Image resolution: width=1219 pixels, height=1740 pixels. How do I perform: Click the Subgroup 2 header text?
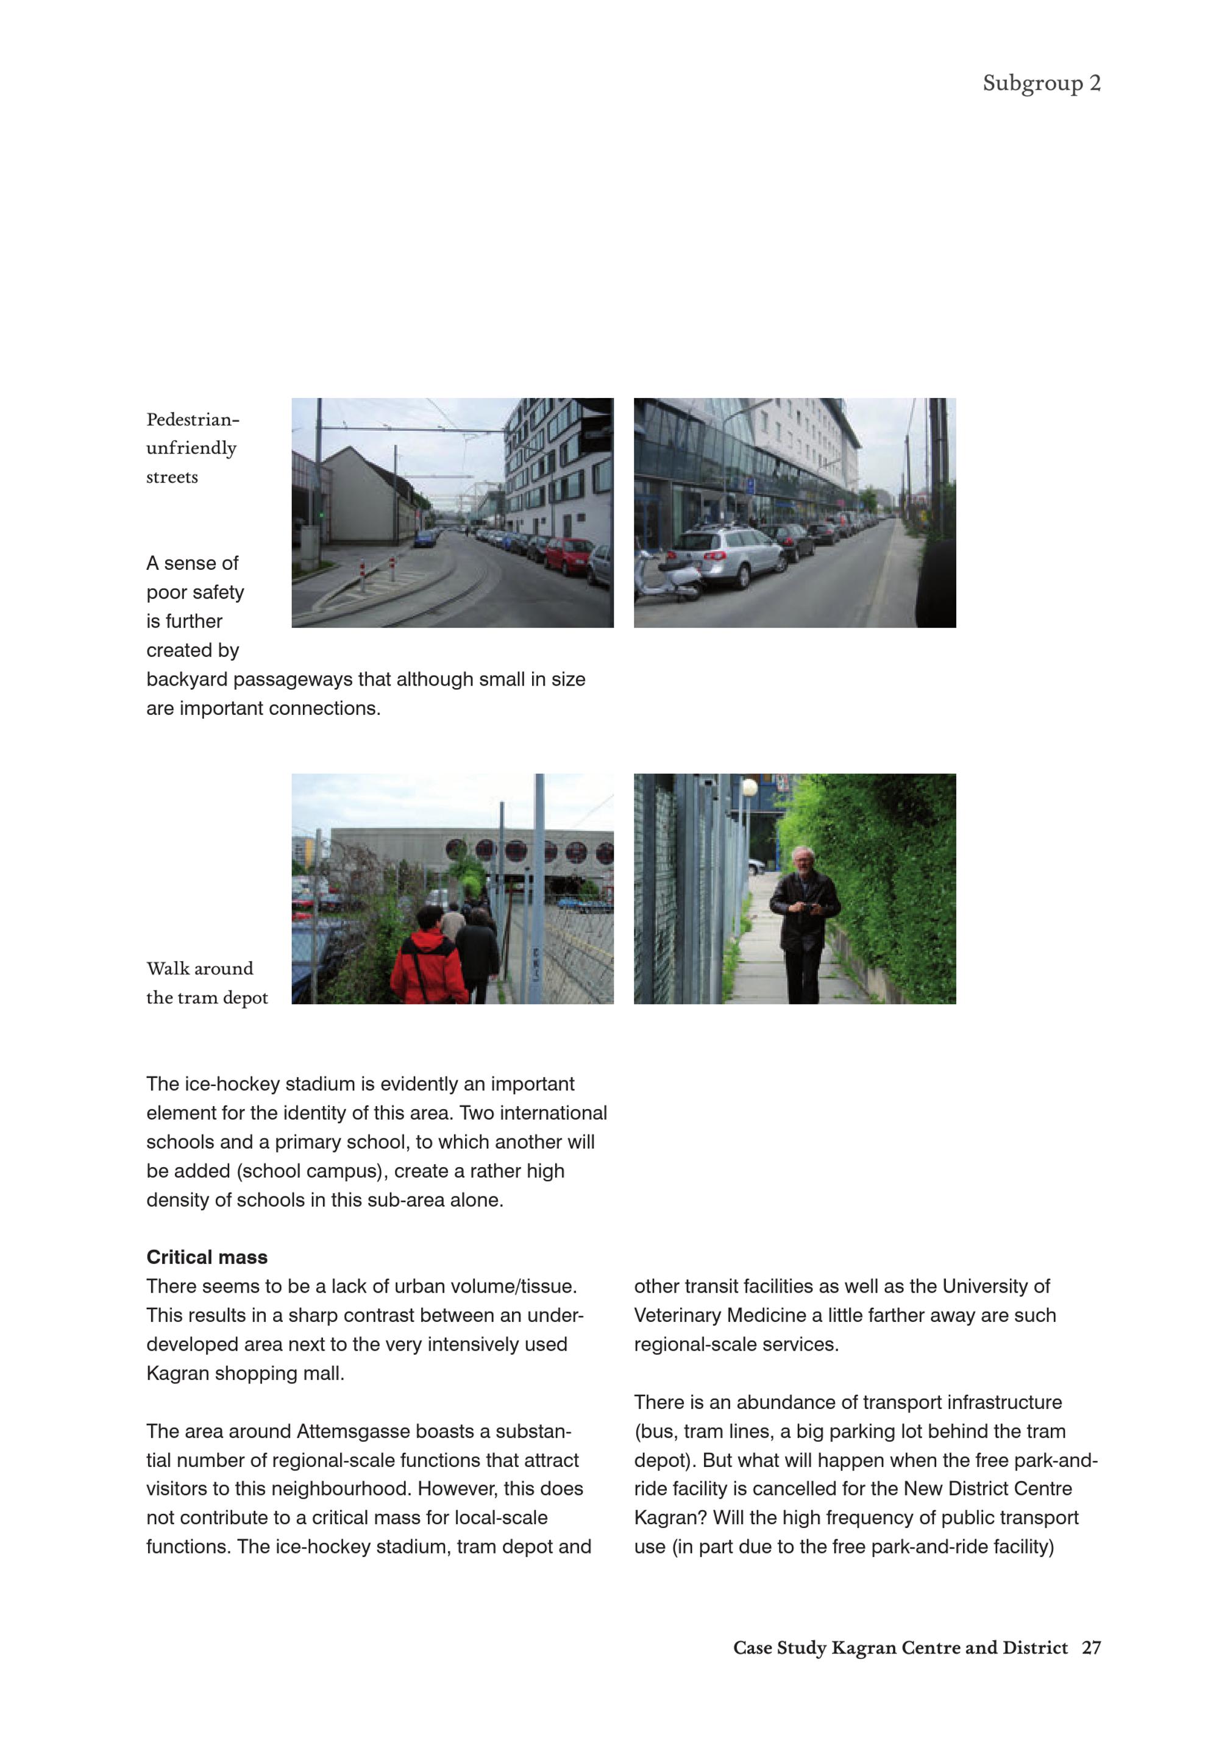(1041, 83)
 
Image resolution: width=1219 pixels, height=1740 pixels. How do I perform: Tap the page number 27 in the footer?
(1091, 1647)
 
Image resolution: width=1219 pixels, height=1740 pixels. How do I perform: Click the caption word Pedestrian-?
(193, 419)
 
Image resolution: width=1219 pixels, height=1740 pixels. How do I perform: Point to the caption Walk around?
(199, 968)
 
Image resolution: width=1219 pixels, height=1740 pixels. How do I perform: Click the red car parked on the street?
(569, 555)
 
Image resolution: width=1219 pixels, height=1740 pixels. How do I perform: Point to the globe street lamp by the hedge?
(750, 787)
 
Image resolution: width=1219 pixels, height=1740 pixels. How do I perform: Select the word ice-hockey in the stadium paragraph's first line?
(231, 1084)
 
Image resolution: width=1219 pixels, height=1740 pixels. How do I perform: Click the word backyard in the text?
(187, 680)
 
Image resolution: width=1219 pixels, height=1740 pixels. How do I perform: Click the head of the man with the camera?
(801, 859)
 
